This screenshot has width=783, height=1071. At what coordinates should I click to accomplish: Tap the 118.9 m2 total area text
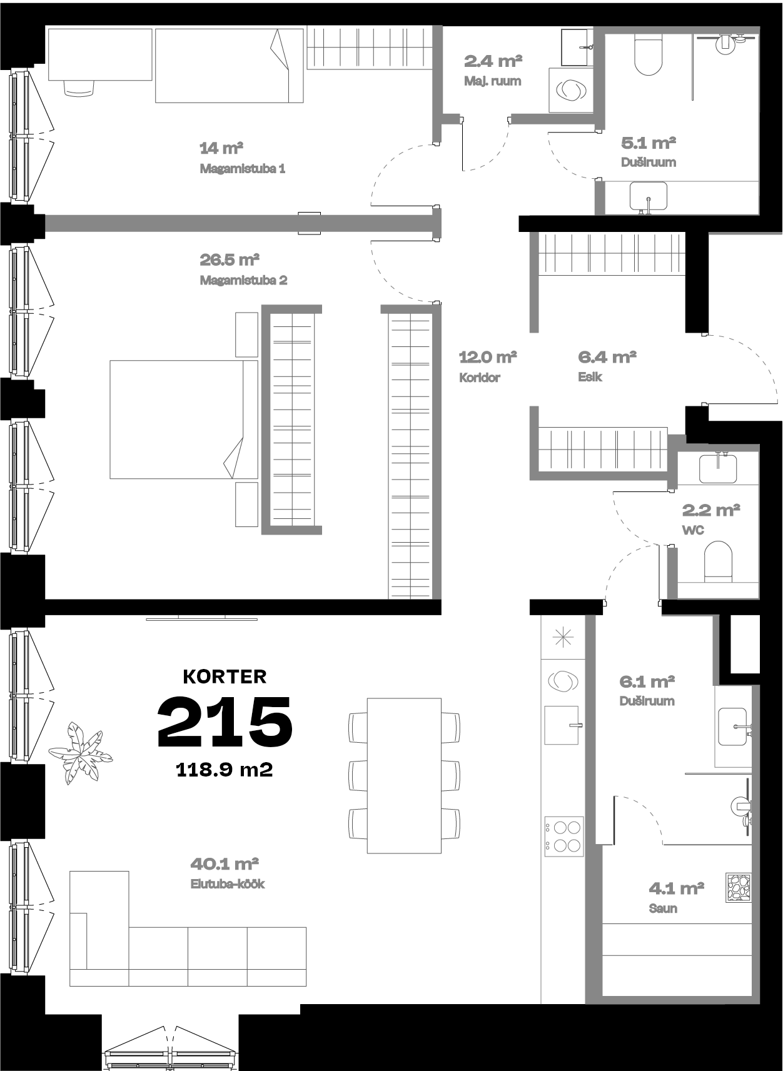point(225,770)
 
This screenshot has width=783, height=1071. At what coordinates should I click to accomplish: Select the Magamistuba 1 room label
point(243,169)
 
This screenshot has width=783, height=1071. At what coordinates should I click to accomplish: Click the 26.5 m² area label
point(230,259)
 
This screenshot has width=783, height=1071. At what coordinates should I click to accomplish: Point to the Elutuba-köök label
point(228,884)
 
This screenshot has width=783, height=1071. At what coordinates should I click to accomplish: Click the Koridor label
point(480,378)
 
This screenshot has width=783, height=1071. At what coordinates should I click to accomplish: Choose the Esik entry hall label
point(590,377)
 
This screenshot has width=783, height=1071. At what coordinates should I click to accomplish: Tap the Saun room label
point(663,908)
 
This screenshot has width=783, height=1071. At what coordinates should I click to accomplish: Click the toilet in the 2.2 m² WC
point(718,562)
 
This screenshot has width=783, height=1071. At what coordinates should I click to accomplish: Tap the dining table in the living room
point(404,775)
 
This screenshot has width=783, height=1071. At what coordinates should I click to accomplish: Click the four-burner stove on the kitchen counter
point(564,837)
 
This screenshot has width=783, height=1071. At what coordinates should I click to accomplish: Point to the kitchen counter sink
point(562,725)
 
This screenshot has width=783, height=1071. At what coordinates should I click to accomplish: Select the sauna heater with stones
point(739,887)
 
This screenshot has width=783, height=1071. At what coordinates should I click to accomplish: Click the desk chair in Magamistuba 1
point(78,88)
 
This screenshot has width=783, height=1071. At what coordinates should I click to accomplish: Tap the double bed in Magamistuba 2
point(184,420)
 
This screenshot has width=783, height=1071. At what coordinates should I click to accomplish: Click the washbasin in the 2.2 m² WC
point(717,468)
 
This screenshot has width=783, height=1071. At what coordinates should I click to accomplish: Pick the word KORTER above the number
point(225,676)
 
